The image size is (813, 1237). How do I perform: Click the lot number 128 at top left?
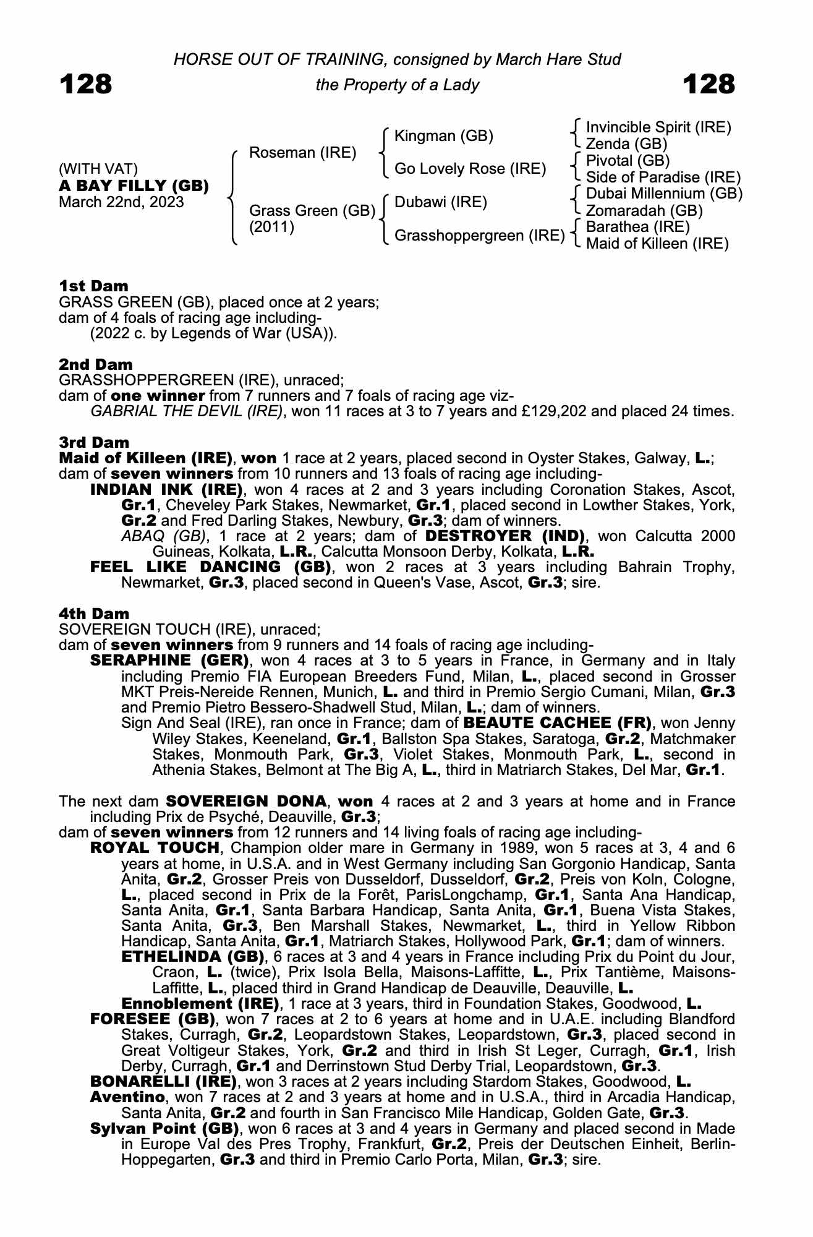(x=86, y=84)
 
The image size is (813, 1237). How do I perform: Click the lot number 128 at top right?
(x=709, y=84)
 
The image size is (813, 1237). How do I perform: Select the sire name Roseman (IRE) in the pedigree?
(x=302, y=153)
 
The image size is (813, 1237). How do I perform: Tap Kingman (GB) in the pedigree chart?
(x=443, y=136)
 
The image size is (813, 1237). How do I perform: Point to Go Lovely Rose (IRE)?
(x=470, y=169)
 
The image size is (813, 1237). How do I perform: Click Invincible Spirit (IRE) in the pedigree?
(x=658, y=127)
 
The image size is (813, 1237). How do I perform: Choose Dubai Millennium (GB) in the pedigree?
(x=664, y=194)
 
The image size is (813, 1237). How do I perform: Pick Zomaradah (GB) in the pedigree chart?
(x=644, y=211)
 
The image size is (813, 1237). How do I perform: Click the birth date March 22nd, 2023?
(x=121, y=202)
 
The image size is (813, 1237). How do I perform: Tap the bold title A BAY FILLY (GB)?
(x=134, y=186)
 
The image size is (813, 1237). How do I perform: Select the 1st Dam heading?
(x=94, y=286)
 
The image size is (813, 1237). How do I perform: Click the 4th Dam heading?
(x=94, y=614)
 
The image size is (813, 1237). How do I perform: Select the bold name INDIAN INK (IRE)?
(x=166, y=490)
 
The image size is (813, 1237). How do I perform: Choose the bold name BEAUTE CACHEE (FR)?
(x=558, y=723)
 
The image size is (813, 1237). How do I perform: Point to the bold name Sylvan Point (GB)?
(x=164, y=1129)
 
